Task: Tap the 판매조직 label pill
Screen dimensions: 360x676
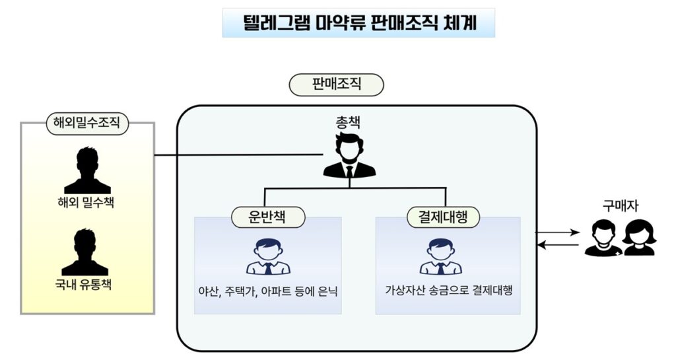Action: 337,85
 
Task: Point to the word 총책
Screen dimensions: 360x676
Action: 349,123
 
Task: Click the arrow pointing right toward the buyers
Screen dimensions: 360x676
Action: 557,233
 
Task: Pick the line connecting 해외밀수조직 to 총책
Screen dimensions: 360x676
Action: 238,156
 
